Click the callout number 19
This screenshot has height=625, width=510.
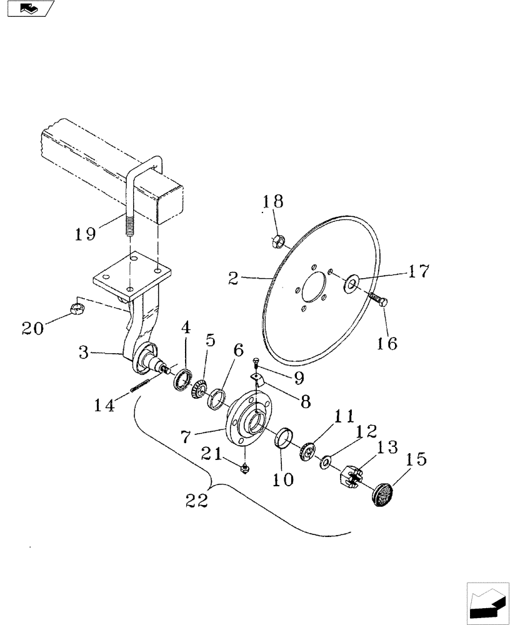(x=85, y=234)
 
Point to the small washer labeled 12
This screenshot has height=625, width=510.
(x=326, y=463)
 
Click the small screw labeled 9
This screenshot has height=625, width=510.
(x=257, y=362)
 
